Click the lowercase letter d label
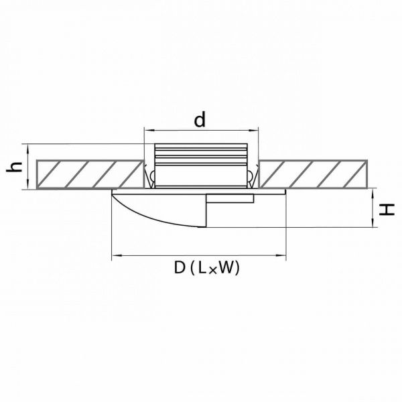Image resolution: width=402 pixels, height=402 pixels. pyautogui.click(x=200, y=120)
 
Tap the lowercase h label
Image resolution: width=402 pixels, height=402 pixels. pyautogui.click(x=14, y=167)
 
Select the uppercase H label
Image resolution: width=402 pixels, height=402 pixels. pyautogui.click(x=387, y=210)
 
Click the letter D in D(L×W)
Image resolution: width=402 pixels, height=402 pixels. pyautogui.click(x=180, y=267)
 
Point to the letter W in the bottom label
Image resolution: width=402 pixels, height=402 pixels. pyautogui.click(x=226, y=267)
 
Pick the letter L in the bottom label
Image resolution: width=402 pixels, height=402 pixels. pyautogui.click(x=202, y=267)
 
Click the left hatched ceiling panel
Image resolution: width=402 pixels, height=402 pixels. pyautogui.click(x=90, y=174)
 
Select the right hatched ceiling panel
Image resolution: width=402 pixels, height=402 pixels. pyautogui.click(x=313, y=174)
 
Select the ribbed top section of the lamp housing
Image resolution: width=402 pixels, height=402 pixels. pyautogui.click(x=201, y=155)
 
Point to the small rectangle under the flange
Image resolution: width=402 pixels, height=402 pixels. pyautogui.click(x=230, y=198)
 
